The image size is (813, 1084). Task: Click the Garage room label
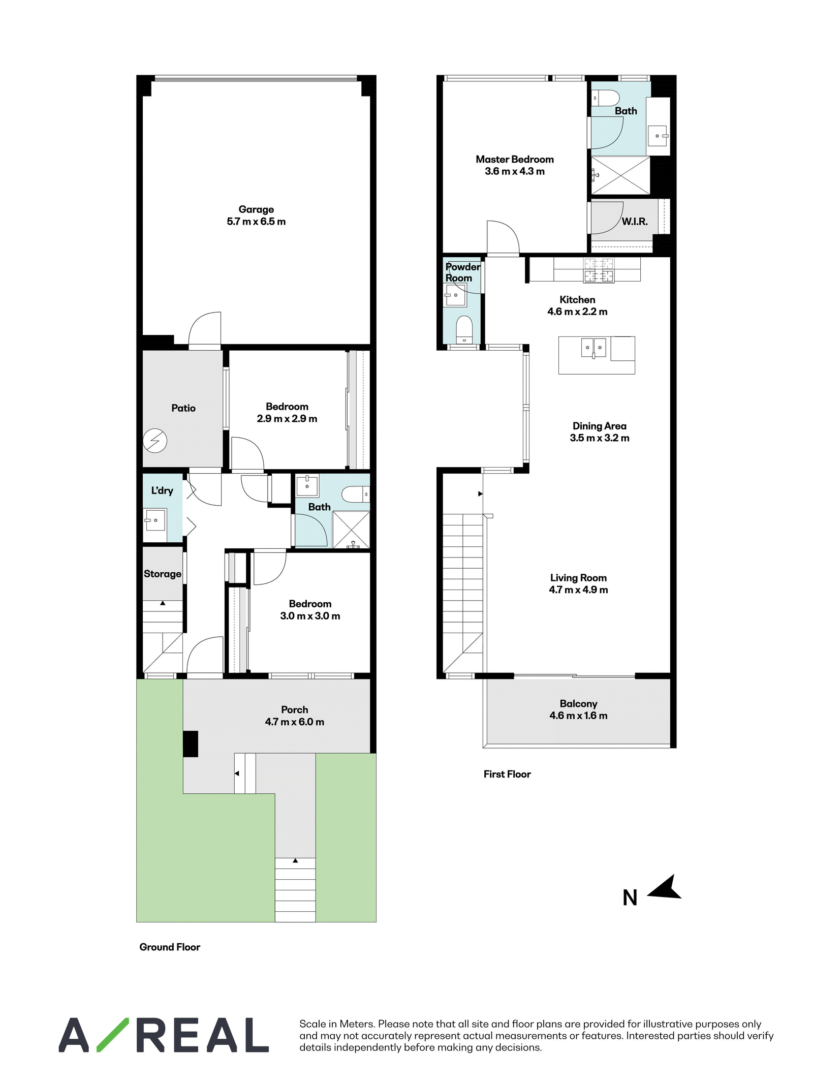[x=256, y=209]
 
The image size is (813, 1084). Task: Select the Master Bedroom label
[x=515, y=159]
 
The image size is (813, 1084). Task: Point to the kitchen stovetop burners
[x=599, y=270]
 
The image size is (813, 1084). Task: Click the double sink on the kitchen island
[x=593, y=348]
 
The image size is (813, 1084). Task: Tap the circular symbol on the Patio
[x=155, y=441]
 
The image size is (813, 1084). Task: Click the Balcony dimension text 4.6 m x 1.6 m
[x=578, y=716]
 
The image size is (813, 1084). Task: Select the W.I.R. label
[x=635, y=222]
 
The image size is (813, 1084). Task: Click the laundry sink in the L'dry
[x=155, y=520]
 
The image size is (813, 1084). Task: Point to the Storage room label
[x=163, y=574]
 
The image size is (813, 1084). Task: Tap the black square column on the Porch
[x=191, y=744]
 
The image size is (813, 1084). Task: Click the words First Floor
[x=507, y=774]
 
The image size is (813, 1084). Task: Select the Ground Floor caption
[x=170, y=947]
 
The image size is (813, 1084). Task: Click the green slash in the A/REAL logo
[x=113, y=1035]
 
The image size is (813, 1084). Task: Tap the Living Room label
[x=578, y=578]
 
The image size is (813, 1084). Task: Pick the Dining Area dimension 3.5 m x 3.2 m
[x=600, y=438]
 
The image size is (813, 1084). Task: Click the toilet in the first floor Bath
[x=606, y=98]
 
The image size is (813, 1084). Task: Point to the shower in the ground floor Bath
[x=351, y=530]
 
